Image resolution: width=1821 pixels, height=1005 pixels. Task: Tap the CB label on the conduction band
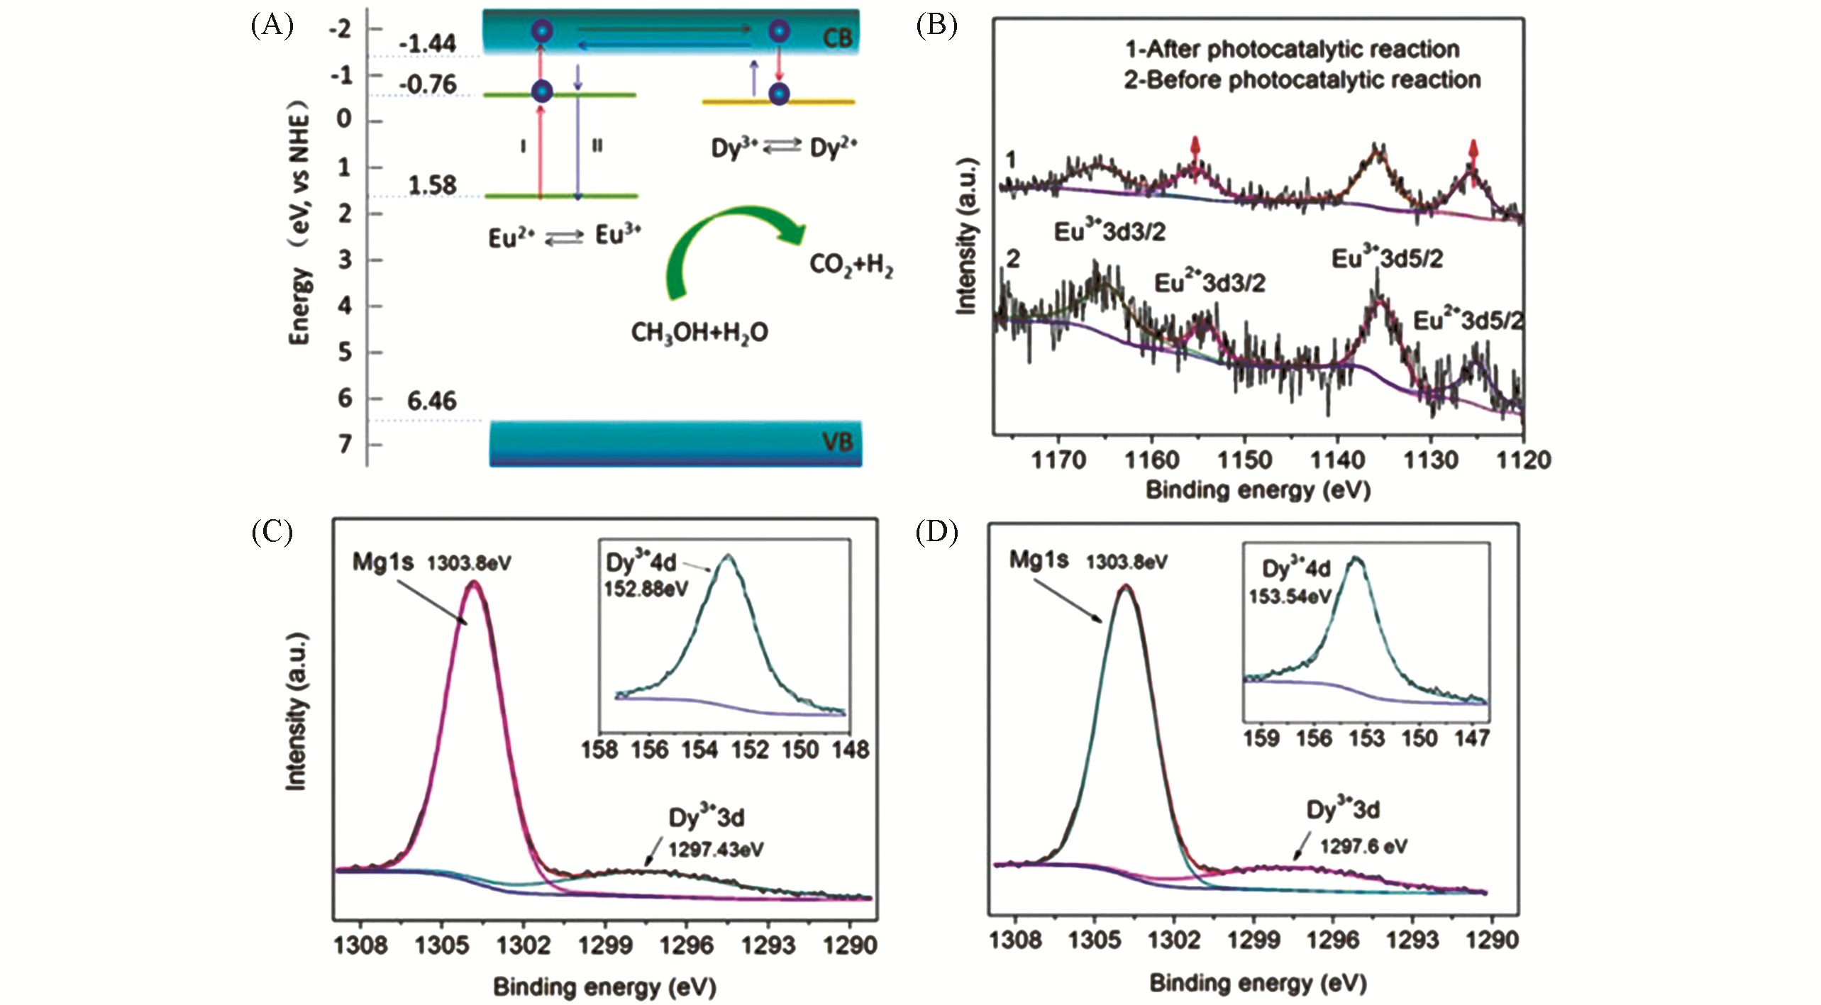[x=837, y=37]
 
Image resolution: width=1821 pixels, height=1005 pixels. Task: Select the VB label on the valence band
[x=837, y=443]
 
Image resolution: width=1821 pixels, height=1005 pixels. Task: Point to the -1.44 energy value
[x=427, y=44]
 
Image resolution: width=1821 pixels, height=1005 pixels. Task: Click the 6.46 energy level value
[x=431, y=401]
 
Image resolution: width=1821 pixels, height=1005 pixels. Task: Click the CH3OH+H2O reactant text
[x=699, y=332]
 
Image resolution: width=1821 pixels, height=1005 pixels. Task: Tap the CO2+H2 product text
[x=851, y=265]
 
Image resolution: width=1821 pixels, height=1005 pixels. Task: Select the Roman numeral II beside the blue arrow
[x=597, y=146]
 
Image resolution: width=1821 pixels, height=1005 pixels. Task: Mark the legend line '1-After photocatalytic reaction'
[x=1292, y=49]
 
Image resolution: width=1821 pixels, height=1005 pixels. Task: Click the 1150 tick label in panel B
[x=1244, y=460]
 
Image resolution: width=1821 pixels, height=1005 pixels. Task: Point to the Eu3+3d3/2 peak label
[x=1109, y=232]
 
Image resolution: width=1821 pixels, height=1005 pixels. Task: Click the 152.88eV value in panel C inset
[x=646, y=589]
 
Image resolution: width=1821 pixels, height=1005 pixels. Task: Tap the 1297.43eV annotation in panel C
[x=716, y=849]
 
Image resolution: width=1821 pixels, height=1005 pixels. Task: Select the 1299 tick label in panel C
[x=604, y=945]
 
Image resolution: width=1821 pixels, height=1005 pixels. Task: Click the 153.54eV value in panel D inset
[x=1290, y=596]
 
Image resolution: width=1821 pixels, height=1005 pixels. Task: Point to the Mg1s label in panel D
[x=1039, y=560]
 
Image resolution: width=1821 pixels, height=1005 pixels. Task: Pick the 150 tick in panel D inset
[x=1419, y=738]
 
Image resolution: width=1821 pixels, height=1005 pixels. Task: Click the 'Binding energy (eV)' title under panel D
[x=1258, y=983]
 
